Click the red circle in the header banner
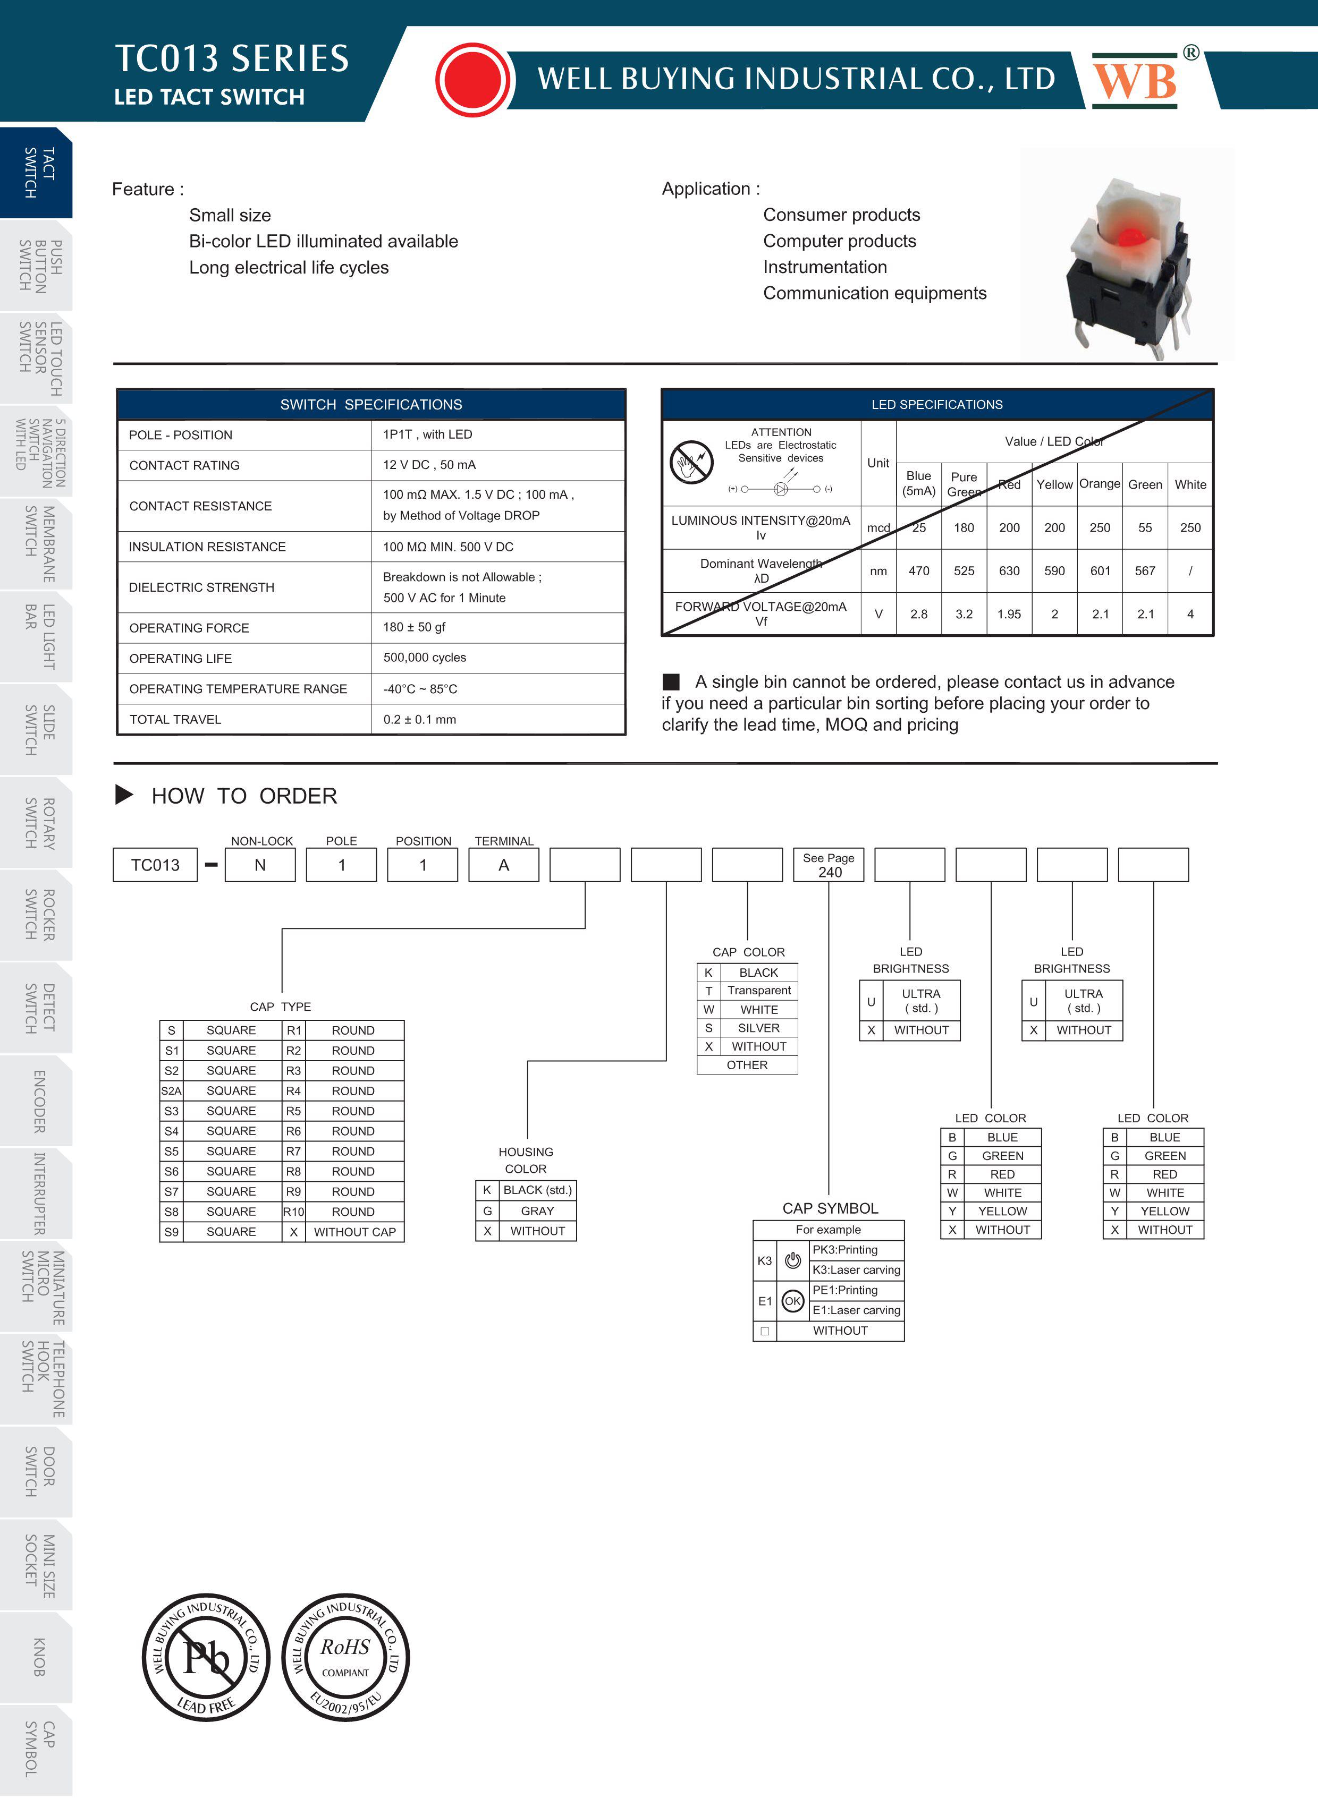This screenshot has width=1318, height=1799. click(474, 80)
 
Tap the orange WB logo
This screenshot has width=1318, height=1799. click(1135, 81)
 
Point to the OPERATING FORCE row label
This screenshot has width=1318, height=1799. click(189, 628)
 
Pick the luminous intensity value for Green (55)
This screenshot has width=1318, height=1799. click(1145, 528)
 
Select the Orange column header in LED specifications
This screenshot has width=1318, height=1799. click(1100, 484)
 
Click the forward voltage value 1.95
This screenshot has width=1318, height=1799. click(1009, 614)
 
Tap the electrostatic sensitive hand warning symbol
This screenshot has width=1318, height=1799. click(691, 462)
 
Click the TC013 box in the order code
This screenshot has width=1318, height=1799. click(156, 865)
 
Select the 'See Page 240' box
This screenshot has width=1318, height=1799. click(829, 865)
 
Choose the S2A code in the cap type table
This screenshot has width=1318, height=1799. click(172, 1091)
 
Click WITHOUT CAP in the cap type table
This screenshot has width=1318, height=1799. click(354, 1232)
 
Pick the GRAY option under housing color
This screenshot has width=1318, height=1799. click(537, 1210)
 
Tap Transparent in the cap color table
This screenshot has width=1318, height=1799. click(759, 991)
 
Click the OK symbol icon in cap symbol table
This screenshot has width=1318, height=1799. click(792, 1301)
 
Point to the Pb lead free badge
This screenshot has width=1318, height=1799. click(206, 1658)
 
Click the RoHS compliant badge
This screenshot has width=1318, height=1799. click(345, 1658)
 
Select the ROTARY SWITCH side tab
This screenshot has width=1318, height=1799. click(38, 823)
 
